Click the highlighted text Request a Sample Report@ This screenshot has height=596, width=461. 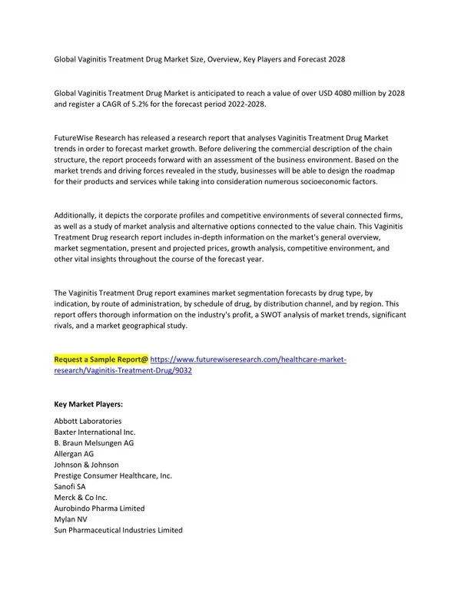coord(101,359)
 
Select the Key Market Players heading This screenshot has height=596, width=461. coord(88,403)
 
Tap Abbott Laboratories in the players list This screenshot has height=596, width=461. coord(88,422)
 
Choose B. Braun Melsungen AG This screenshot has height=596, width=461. coord(94,443)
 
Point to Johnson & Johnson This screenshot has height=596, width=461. coord(86,465)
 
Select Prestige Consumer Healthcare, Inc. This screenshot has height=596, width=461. coord(113,476)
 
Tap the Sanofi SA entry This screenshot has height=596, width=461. coord(70,487)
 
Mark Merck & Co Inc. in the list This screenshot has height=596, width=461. coord(82,498)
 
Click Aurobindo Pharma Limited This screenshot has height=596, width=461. coord(99,508)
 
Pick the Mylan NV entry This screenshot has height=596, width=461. coord(71,519)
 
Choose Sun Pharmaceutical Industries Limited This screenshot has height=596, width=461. coord(118,530)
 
